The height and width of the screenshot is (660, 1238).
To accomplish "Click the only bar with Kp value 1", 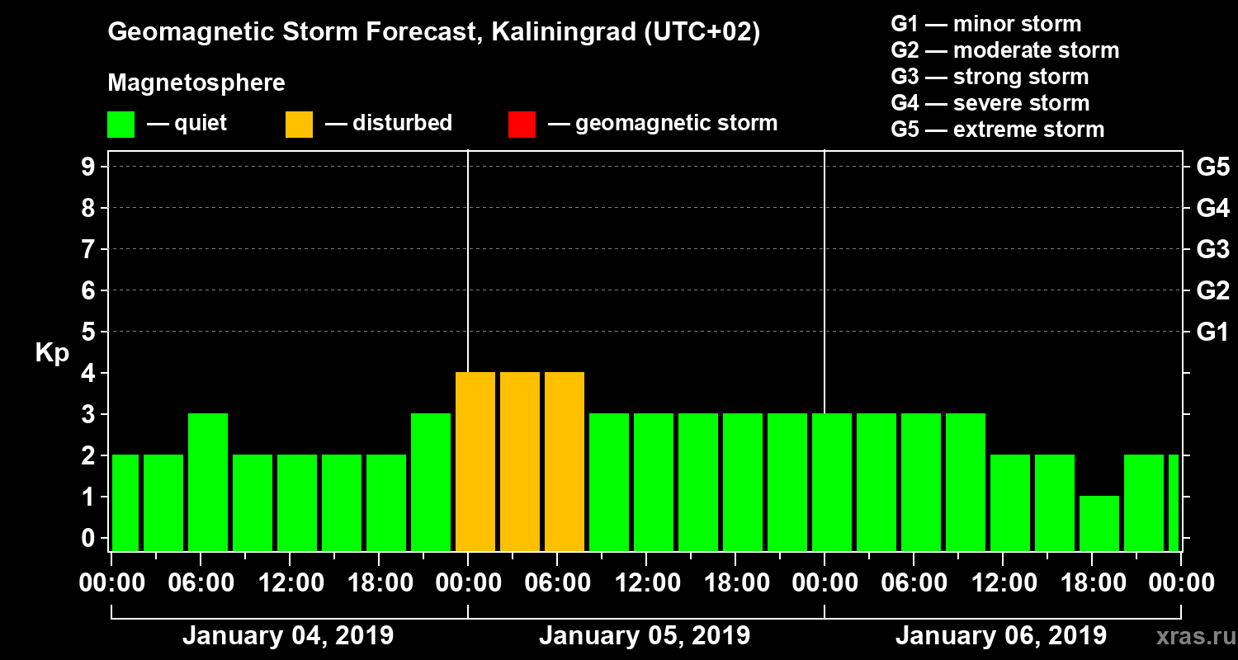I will click(x=1099, y=523).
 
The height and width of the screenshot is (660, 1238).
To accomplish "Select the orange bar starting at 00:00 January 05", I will click(x=475, y=461).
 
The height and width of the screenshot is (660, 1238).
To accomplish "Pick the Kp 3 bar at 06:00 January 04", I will click(x=208, y=482).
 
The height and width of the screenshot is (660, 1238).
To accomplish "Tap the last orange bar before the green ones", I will click(x=565, y=461).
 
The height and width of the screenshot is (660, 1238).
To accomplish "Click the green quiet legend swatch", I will click(x=120, y=125).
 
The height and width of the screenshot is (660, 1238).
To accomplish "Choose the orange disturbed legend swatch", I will click(x=299, y=125).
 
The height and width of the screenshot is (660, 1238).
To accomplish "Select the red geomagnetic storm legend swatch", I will click(x=522, y=125).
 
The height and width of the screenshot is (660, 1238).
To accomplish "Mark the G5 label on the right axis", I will click(x=1212, y=167).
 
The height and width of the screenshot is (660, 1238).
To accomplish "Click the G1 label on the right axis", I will click(x=1212, y=332).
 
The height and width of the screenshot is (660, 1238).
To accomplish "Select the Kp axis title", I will click(x=52, y=353).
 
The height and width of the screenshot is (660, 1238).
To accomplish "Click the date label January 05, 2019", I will click(x=645, y=636).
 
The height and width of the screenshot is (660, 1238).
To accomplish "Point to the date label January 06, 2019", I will click(x=1001, y=636).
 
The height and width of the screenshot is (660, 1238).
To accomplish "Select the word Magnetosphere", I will click(x=196, y=83).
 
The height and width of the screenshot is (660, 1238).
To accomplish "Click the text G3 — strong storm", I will click(x=990, y=77).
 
